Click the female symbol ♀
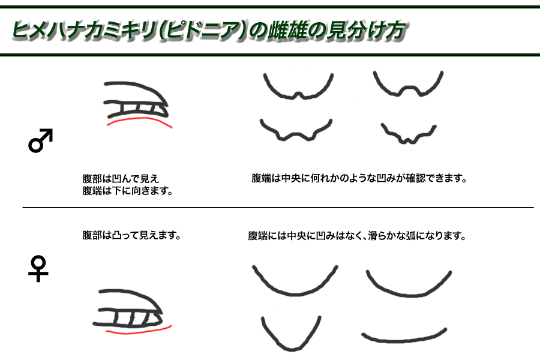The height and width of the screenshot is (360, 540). click(38, 269)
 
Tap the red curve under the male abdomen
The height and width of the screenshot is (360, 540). click(139, 119)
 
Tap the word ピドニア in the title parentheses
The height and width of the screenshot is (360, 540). click(204, 29)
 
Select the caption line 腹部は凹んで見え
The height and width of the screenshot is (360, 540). click(121, 178)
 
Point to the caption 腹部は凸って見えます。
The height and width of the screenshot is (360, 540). click(131, 235)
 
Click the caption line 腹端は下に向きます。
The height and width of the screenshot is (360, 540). click(127, 191)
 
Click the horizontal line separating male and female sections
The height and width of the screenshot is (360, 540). click(278, 208)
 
